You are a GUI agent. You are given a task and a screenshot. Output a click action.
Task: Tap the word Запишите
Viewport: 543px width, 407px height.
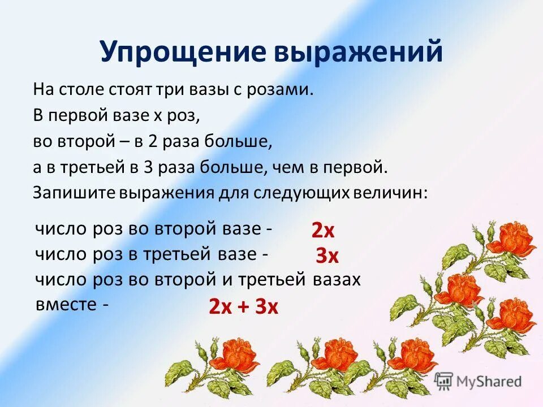point(74,193)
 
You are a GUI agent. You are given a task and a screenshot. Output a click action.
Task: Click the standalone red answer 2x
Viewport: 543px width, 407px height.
point(323,231)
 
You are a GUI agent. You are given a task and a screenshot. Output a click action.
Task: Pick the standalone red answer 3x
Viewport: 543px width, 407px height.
point(327,257)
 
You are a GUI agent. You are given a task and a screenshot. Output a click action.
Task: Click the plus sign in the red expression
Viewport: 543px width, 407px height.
point(244,307)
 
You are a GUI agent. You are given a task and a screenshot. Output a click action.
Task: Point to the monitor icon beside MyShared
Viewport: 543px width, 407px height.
point(445,380)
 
